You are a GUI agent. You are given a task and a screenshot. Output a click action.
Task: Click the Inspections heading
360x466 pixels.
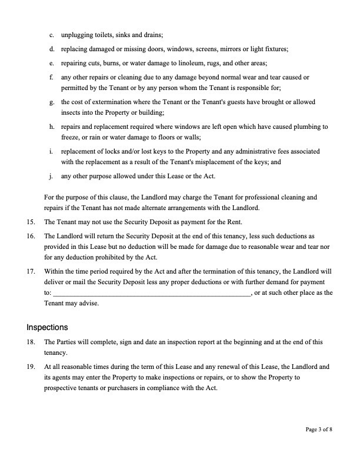[47, 327]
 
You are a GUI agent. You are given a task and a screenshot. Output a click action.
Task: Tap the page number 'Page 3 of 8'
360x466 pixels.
[319, 430]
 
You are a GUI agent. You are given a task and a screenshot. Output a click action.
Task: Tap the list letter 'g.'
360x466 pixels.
[52, 102]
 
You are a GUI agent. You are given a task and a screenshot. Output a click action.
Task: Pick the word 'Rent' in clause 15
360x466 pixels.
[234, 222]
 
